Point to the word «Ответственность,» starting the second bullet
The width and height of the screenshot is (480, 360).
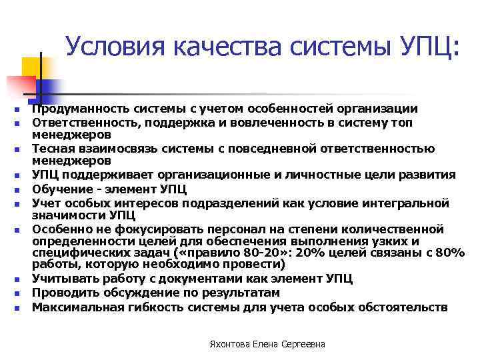82,123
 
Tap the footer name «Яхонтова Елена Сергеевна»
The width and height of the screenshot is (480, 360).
267,344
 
